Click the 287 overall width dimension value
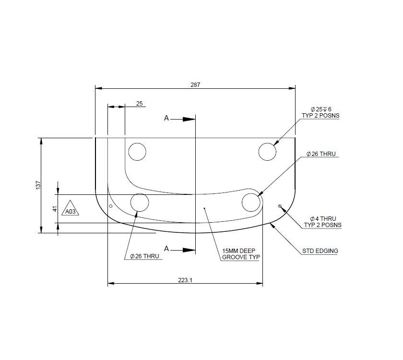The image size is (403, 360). (195, 84)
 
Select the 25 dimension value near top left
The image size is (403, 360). (139, 104)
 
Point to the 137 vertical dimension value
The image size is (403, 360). (38, 185)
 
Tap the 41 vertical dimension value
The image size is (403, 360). (55, 209)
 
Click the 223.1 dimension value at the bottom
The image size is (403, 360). (185, 281)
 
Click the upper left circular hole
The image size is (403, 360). (137, 152)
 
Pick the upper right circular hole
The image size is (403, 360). (267, 152)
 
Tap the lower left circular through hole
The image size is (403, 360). (140, 203)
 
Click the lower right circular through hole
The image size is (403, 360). (251, 203)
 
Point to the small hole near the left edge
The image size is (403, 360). (111, 206)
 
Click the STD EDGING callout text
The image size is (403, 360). (320, 251)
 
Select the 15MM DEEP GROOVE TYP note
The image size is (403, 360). (241, 254)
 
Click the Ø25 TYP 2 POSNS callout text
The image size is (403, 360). (320, 112)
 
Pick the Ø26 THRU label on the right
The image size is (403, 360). (321, 155)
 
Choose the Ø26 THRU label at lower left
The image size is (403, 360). (144, 256)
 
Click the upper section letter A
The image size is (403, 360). (166, 118)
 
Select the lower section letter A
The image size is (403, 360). (166, 249)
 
